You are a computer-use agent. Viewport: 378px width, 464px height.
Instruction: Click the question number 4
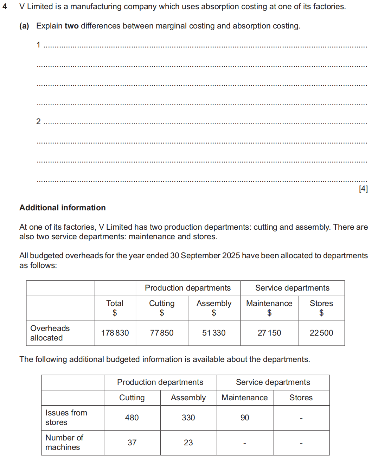(x=5, y=7)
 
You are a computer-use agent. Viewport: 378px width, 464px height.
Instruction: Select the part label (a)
(x=24, y=26)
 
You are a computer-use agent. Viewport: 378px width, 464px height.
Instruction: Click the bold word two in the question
(x=71, y=26)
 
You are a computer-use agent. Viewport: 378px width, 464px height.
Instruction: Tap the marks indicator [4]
(x=363, y=189)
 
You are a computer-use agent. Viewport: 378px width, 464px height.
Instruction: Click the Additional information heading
(x=62, y=208)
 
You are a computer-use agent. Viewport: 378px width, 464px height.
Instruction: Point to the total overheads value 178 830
(x=115, y=333)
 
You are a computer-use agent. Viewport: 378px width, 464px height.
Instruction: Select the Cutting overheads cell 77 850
(x=162, y=333)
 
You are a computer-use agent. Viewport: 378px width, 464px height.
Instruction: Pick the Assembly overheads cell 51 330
(x=214, y=333)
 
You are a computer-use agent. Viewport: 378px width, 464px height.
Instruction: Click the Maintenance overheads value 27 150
(x=269, y=333)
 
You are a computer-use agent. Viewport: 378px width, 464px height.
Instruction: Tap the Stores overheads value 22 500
(x=321, y=333)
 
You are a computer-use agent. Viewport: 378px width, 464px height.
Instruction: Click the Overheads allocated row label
(x=50, y=333)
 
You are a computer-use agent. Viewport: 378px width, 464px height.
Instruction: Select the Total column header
(x=115, y=304)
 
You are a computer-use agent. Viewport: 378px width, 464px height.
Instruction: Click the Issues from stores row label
(x=66, y=417)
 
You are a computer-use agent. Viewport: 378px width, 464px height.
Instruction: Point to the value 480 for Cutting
(x=132, y=418)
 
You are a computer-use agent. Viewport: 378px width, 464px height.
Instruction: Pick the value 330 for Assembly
(x=188, y=418)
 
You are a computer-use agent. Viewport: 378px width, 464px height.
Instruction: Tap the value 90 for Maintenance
(x=245, y=418)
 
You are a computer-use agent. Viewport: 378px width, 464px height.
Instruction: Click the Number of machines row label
(x=64, y=442)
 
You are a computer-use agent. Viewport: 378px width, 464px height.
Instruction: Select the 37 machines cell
(x=132, y=443)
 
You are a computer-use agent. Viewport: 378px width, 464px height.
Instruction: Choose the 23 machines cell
(x=188, y=443)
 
